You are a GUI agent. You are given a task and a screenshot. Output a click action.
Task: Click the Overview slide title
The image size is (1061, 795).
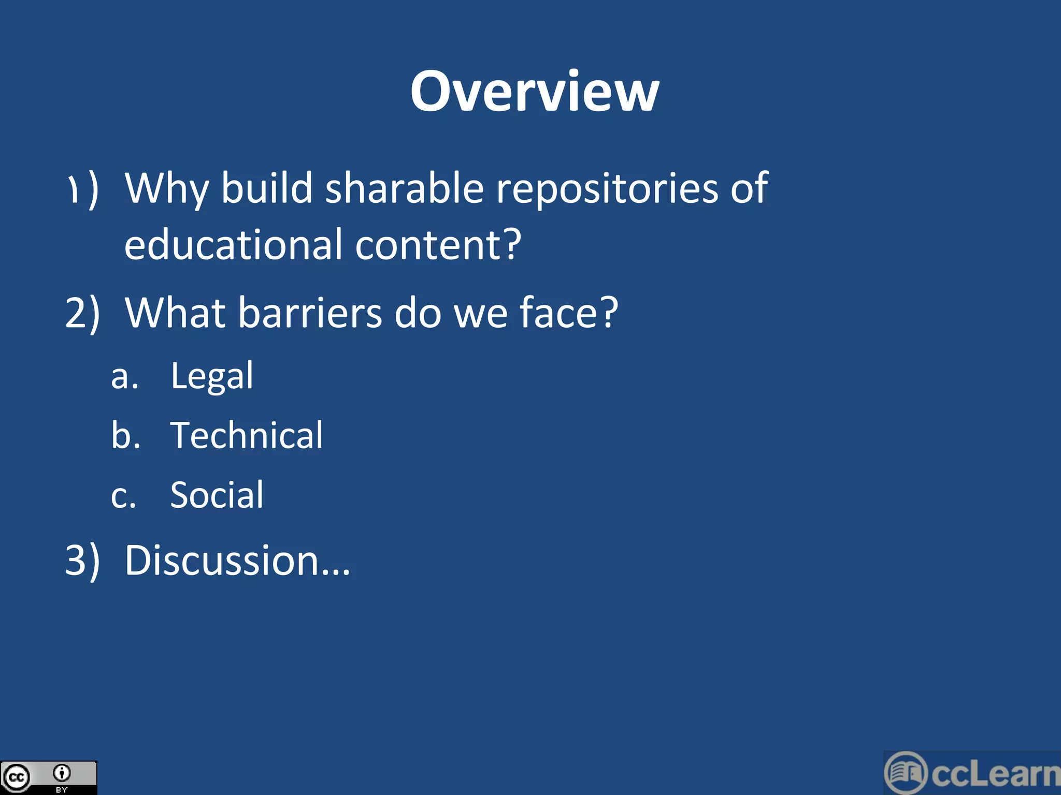[x=534, y=92]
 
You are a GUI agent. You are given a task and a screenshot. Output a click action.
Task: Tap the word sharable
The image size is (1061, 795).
[x=404, y=188]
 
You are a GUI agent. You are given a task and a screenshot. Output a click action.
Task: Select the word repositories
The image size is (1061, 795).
[x=607, y=189]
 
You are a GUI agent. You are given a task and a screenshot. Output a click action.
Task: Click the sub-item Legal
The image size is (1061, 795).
[x=212, y=376]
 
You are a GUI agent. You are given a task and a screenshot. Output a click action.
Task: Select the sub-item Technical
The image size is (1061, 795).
[x=247, y=435]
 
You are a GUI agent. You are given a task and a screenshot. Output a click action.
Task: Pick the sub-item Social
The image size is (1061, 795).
[x=217, y=495]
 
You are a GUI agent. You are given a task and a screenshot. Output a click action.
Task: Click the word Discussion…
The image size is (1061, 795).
[x=237, y=561]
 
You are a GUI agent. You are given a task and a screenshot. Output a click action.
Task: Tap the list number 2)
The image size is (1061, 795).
[x=82, y=314]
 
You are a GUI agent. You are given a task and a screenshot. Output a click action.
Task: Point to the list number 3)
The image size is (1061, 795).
[x=82, y=562]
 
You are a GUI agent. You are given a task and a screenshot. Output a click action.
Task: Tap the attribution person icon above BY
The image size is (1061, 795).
[x=62, y=773]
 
